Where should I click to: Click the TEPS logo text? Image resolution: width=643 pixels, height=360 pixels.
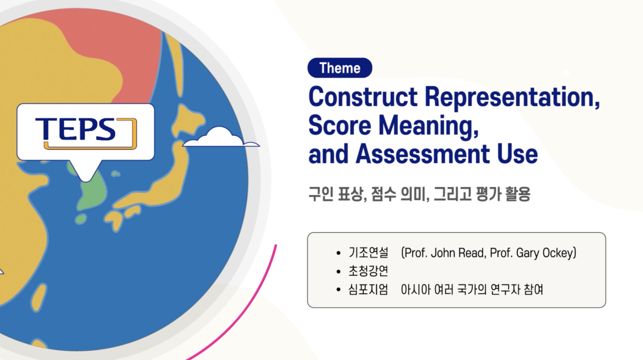point(75,129)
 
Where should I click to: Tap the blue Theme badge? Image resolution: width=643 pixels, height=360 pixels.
point(340,68)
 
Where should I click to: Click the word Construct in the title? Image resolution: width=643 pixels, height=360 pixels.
point(363,97)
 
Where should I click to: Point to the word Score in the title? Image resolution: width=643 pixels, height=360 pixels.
point(340,126)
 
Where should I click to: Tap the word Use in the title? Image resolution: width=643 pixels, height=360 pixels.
point(517,154)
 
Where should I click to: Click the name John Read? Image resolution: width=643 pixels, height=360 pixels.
point(458,253)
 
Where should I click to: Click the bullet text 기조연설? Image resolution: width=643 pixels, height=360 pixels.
point(368,253)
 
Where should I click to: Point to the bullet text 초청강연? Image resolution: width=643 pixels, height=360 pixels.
point(368,271)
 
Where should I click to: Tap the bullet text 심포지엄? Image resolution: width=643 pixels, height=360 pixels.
point(368,289)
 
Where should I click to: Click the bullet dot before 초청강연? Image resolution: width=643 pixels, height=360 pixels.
point(339,271)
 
